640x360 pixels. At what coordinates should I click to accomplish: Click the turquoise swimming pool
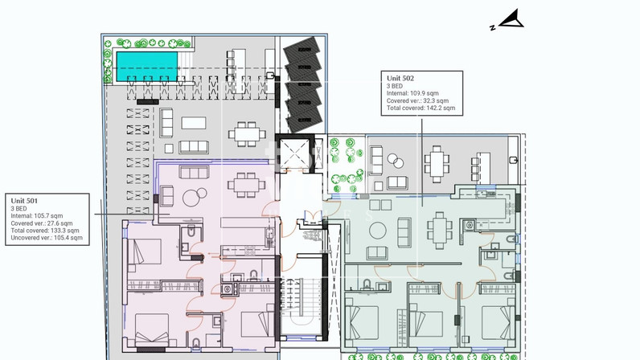tap(147, 67)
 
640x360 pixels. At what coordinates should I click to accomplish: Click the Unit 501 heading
tap(24, 201)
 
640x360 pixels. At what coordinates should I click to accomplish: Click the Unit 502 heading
tap(400, 78)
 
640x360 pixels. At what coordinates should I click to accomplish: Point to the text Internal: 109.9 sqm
tap(412, 93)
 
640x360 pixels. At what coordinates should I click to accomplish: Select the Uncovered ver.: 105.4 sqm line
tap(47, 238)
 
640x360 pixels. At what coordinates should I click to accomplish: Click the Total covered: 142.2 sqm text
tap(421, 108)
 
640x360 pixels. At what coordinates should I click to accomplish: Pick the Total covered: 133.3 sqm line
tap(45, 231)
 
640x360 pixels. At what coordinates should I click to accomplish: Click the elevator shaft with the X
tap(295, 153)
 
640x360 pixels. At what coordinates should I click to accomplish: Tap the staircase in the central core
tap(302, 301)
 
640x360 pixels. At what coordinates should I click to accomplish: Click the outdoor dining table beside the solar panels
tap(247, 134)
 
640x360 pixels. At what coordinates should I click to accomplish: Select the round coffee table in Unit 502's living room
tap(378, 231)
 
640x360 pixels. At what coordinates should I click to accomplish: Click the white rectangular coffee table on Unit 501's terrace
tap(194, 123)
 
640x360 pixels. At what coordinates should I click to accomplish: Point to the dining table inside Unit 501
tap(246, 185)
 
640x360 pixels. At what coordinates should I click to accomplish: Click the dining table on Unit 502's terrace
tap(437, 164)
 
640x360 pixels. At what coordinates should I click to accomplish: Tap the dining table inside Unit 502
tap(439, 230)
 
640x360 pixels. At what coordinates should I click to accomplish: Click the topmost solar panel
tap(302, 48)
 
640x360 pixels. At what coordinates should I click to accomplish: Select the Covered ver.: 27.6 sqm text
tap(42, 223)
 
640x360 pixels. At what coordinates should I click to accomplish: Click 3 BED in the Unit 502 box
tap(394, 86)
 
